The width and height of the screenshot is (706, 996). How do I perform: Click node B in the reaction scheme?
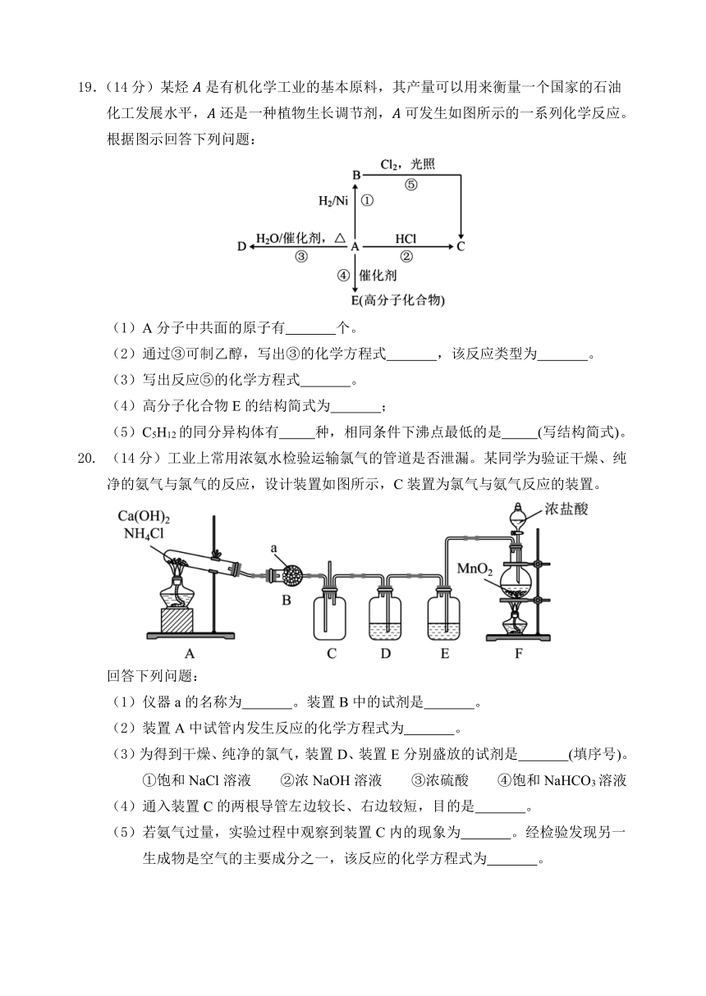pos(356,176)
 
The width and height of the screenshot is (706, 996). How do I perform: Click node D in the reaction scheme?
pos(241,246)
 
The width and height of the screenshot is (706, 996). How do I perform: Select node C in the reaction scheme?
pos(461,246)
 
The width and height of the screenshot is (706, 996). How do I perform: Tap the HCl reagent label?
pos(406,240)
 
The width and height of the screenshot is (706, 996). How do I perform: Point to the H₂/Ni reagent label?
pos(333,201)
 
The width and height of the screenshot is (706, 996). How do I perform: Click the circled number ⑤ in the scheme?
pos(410,185)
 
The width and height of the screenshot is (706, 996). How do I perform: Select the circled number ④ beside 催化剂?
pos(343,276)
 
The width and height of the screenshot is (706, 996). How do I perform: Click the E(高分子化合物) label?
pos(397,300)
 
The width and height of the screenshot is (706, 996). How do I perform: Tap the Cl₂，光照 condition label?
pos(407,165)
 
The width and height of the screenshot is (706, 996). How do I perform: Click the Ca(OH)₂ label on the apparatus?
pos(144,516)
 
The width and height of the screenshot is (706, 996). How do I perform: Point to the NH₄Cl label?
pos(144,533)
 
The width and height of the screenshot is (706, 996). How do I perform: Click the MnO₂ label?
pos(475,569)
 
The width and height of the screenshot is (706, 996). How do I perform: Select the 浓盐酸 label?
pos(566,509)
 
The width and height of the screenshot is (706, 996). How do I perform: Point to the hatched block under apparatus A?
pos(176,619)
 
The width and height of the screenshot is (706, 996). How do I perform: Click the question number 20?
pos(86,458)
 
